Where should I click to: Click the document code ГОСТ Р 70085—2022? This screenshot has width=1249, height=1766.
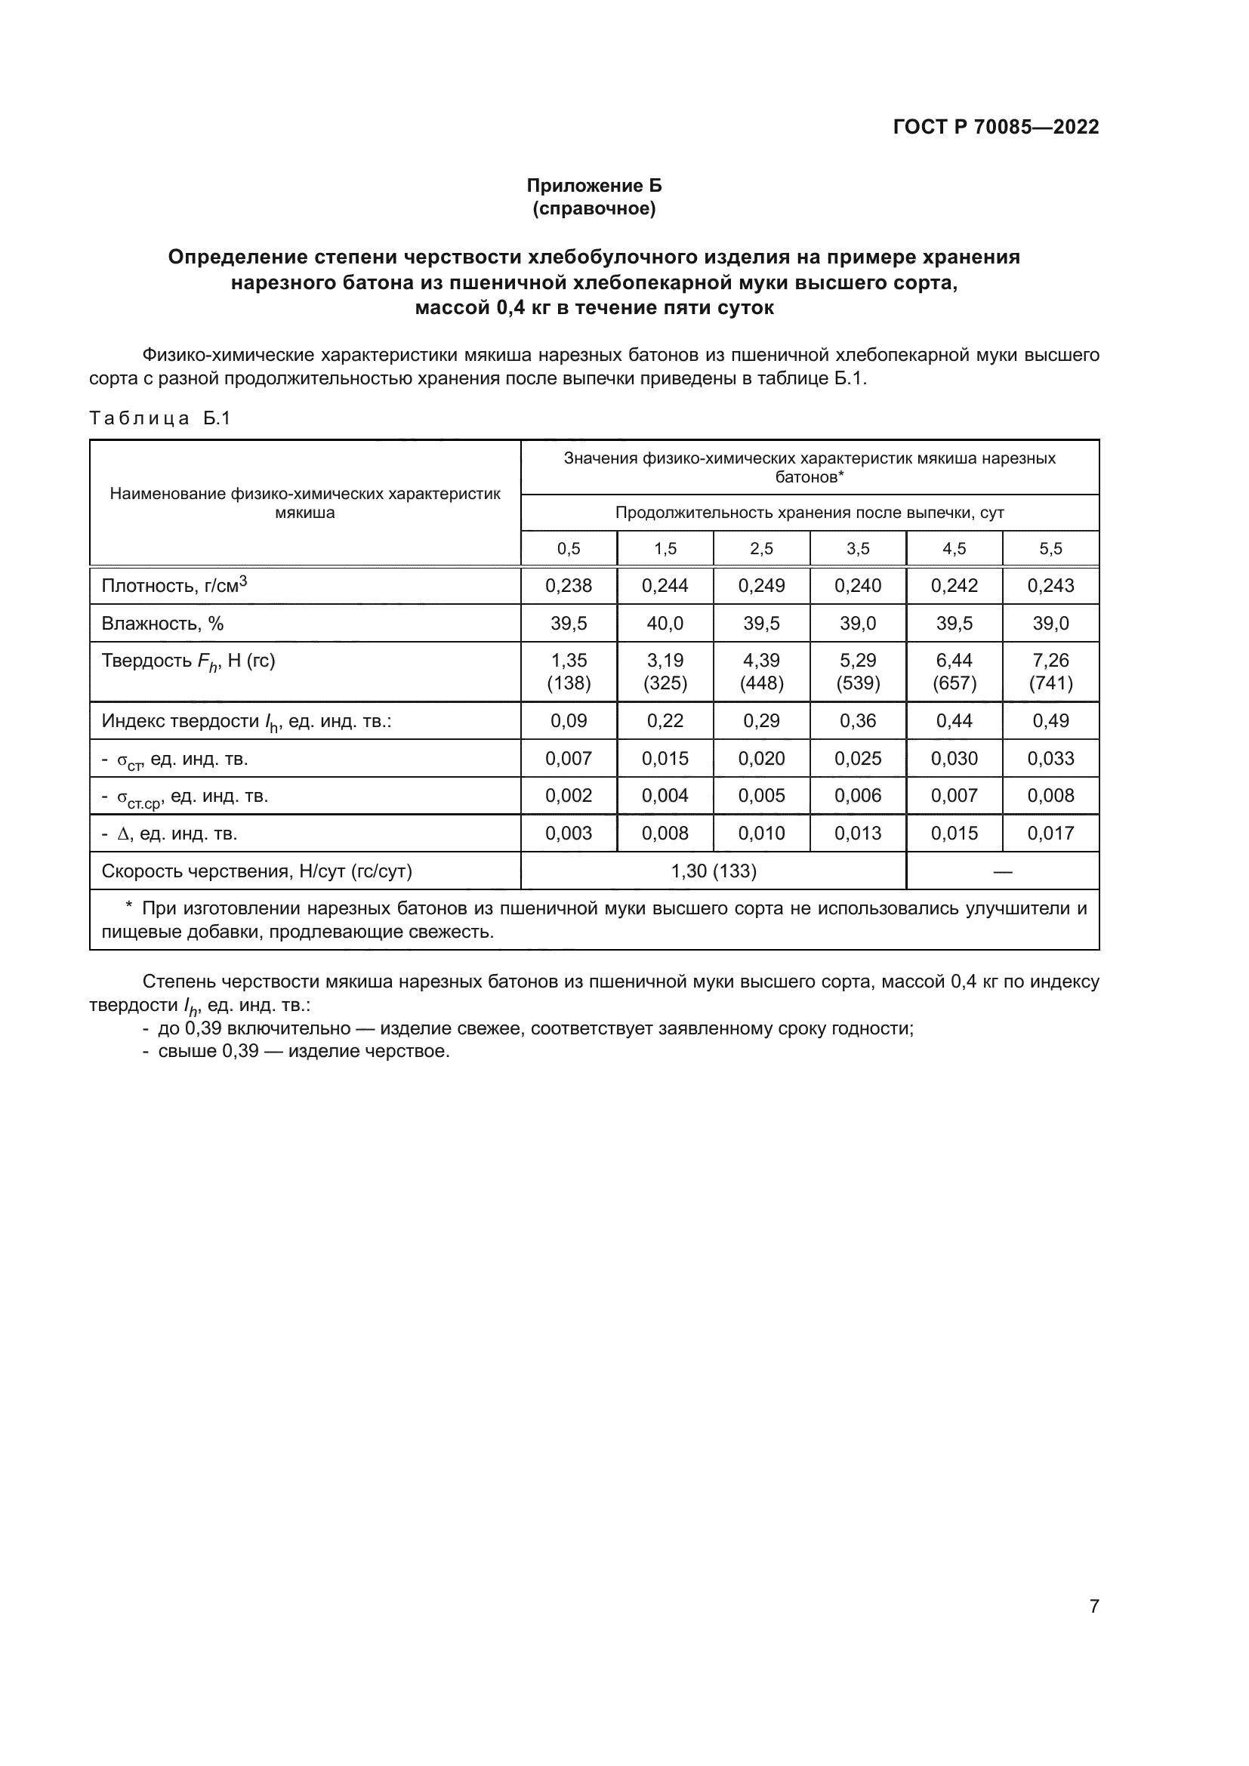coord(996,127)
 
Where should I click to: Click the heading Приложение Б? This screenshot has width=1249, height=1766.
coord(594,186)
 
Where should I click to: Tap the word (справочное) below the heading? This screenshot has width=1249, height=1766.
coord(594,208)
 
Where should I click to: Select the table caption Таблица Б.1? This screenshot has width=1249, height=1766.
coord(160,418)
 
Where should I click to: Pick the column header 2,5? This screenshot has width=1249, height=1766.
coord(761,548)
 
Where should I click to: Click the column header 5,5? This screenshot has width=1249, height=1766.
coord(1050,548)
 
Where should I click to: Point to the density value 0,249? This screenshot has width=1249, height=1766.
coord(761,585)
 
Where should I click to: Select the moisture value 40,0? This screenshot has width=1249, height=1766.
coord(665,623)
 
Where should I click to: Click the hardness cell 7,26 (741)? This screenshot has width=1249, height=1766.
coord(1050,671)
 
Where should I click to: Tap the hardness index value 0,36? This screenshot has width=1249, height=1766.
coord(858,721)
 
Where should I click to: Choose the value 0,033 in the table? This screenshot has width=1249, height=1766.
coord(1050,758)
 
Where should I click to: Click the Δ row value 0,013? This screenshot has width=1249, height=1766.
coord(858,833)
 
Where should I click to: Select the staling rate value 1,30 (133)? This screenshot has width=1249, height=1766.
coord(714,871)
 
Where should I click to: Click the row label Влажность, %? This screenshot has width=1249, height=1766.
coord(163,623)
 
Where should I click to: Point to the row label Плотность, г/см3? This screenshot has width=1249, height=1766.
coord(174,585)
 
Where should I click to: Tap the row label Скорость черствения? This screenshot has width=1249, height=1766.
coord(257,871)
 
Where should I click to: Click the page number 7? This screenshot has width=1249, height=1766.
coord(1093,1606)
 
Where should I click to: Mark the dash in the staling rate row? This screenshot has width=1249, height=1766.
coord(1002,871)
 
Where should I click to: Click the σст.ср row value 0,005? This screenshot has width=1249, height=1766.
coord(761,795)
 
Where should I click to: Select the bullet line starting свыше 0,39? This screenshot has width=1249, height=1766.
coord(296,1052)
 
